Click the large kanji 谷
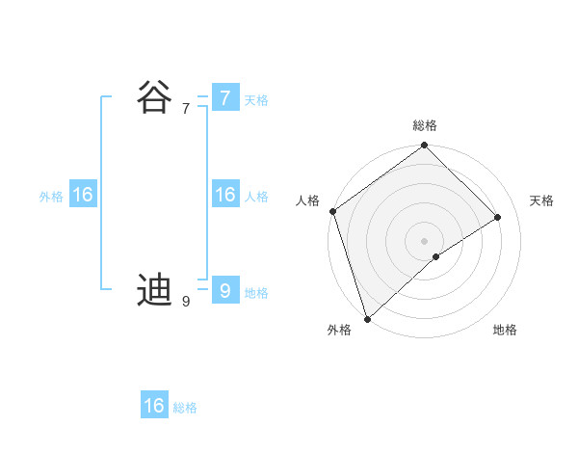click(154, 96)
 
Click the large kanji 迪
click(154, 289)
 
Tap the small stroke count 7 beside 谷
click(186, 109)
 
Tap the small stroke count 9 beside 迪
click(186, 302)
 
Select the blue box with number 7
click(224, 97)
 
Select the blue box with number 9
click(224, 290)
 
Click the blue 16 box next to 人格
click(224, 195)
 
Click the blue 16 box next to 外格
click(82, 195)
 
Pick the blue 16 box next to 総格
click(154, 406)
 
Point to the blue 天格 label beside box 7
click(256, 100)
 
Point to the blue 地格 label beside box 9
click(256, 293)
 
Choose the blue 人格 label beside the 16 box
click(256, 197)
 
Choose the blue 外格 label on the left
click(51, 197)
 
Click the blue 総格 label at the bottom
click(185, 408)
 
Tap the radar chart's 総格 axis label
click(425, 125)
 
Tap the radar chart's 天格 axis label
click(541, 200)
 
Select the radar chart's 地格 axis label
click(505, 330)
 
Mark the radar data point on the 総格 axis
click(425, 146)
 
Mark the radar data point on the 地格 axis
click(436, 256)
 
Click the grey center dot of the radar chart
click(425, 240)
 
